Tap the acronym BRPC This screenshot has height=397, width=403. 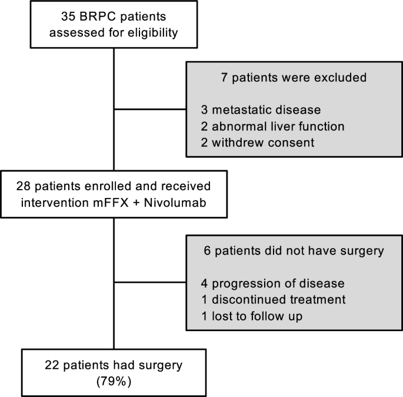tap(94, 16)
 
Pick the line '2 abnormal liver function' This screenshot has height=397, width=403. tap(272, 126)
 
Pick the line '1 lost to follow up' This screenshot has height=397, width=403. tap(252, 316)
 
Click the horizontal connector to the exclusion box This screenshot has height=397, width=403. tap(150, 108)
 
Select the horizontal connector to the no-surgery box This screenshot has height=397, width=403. tap(150, 283)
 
